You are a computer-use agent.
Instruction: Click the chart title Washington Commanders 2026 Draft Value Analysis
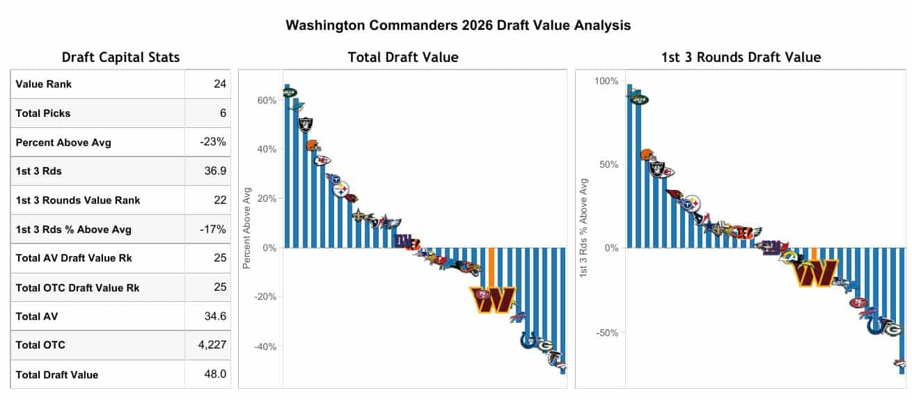coord(458,26)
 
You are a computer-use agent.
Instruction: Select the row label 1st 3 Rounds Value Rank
coord(78,200)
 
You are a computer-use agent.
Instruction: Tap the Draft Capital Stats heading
coord(120,58)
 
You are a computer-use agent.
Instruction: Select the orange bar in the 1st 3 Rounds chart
coord(815,253)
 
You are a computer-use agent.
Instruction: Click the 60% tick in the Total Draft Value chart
coord(267,100)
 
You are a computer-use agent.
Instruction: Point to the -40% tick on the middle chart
coord(265,346)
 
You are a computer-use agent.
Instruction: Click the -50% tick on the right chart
coord(607,333)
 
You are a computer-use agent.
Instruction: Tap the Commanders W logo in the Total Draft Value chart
coord(493,300)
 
